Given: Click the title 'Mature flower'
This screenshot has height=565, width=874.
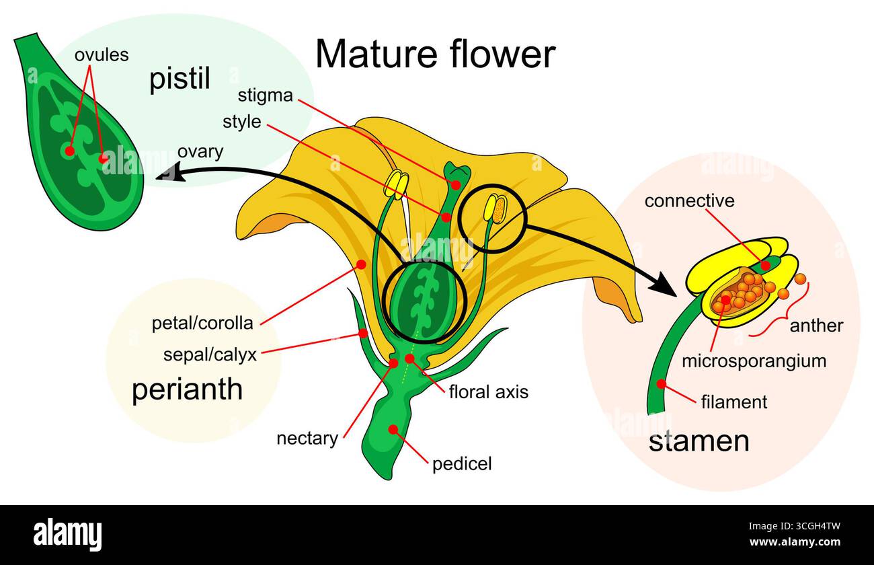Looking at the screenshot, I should [435, 54].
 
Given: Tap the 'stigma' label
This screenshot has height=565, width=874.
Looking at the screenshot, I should [265, 96].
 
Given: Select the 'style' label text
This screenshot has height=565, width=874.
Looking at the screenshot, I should [241, 122].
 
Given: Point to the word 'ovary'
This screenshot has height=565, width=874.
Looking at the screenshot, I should [200, 152].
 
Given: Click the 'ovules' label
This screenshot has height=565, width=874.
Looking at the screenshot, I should [102, 54].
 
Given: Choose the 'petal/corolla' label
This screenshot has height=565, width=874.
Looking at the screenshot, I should [202, 324].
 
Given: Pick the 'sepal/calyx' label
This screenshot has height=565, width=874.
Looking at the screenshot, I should [210, 354].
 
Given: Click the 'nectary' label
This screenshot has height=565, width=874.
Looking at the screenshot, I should [307, 439].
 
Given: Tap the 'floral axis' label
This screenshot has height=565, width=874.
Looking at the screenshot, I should [488, 391].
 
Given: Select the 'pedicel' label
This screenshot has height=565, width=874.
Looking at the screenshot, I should [462, 463].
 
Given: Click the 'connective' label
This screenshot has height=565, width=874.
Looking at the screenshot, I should [689, 200].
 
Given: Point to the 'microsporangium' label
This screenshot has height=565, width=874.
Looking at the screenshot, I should [754, 361].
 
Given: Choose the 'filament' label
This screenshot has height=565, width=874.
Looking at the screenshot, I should [733, 402].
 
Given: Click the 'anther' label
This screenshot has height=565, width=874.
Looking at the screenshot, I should [816, 326].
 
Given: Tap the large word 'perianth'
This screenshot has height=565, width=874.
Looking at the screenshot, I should [187, 390].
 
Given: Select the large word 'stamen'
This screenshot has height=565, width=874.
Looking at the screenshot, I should [699, 441].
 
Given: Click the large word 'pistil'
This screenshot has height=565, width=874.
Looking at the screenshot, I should [180, 79].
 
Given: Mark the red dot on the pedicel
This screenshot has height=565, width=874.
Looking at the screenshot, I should [393, 428].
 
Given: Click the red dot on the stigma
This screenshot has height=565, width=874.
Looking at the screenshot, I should [456, 184].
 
